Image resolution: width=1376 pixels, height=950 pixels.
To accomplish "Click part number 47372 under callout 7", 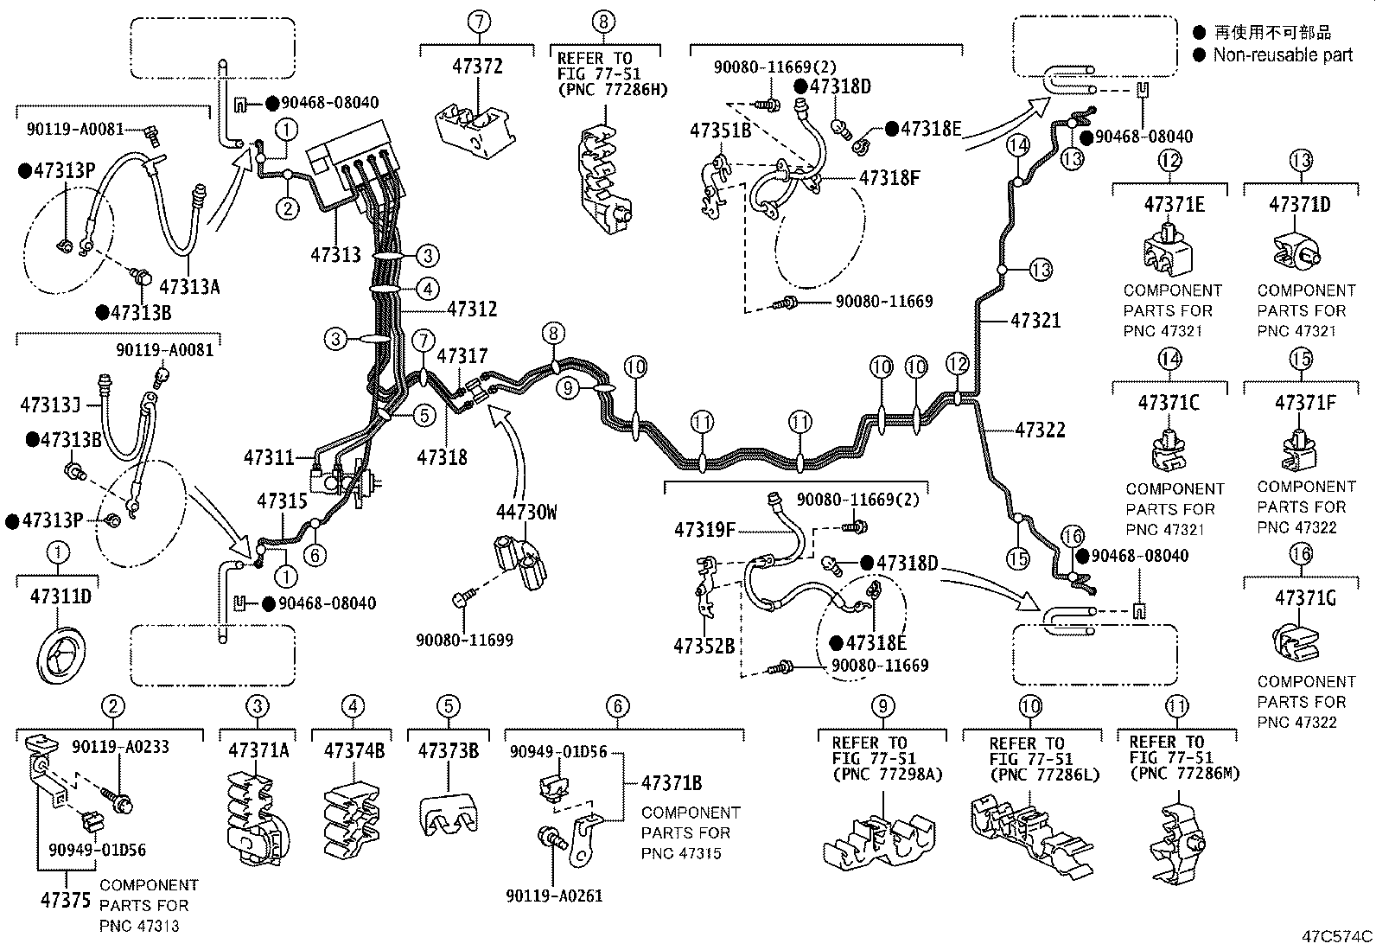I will [x=478, y=67].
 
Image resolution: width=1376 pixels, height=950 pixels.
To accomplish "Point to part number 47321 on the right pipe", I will [x=1035, y=321].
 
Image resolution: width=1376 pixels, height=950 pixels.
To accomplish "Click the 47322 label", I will [x=1040, y=430].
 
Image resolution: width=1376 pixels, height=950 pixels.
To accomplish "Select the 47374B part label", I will [x=354, y=750].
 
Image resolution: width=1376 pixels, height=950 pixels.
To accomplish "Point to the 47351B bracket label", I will [x=720, y=131].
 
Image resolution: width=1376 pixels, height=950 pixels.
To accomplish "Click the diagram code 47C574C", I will [x=1337, y=936].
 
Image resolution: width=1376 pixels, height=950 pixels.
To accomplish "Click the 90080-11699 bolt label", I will [x=464, y=641].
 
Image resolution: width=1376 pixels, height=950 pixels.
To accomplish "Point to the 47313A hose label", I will [x=190, y=286].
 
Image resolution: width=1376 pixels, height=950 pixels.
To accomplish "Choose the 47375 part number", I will [x=65, y=900].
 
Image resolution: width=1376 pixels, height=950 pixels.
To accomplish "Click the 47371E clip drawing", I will [x=1168, y=249].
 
